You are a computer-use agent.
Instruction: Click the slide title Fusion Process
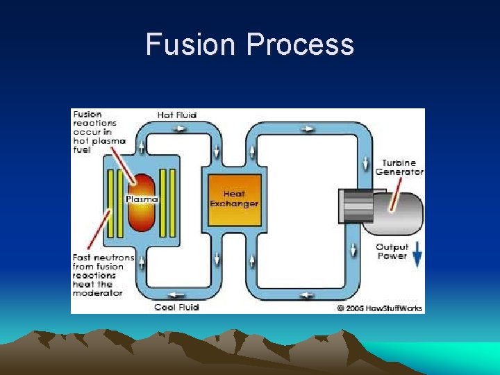[x=250, y=45]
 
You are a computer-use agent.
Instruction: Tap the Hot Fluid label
[x=177, y=115]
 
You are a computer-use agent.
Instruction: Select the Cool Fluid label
[x=176, y=307]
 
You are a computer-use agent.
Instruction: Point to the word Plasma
[x=142, y=199]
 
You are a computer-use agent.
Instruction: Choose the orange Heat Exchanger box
[x=235, y=200]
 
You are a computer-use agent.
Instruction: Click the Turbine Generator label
[x=399, y=167]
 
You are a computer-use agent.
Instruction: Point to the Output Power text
[x=392, y=251]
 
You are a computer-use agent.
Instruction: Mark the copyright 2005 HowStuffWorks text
[x=380, y=308]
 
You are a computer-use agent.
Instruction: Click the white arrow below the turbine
[x=354, y=249]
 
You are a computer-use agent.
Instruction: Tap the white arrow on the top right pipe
[x=308, y=128]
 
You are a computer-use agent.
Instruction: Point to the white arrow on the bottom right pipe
[x=306, y=295]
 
